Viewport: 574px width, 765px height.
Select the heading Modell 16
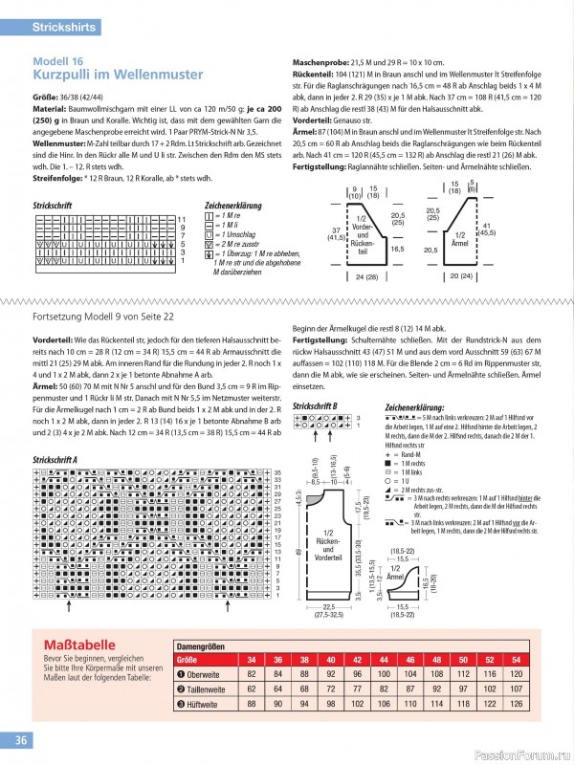pos(58,60)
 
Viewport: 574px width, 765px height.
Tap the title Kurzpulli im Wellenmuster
pos(118,74)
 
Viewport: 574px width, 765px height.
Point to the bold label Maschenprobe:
pos(322,61)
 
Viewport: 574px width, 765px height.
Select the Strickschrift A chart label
pos(55,460)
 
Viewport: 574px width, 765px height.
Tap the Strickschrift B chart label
pos(315,406)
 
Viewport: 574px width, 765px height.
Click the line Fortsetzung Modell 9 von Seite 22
pos(103,315)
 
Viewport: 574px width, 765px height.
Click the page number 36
pos(21,740)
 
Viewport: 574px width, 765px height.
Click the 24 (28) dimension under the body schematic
pos(367,277)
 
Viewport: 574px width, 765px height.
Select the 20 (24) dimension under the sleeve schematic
pos(460,277)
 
